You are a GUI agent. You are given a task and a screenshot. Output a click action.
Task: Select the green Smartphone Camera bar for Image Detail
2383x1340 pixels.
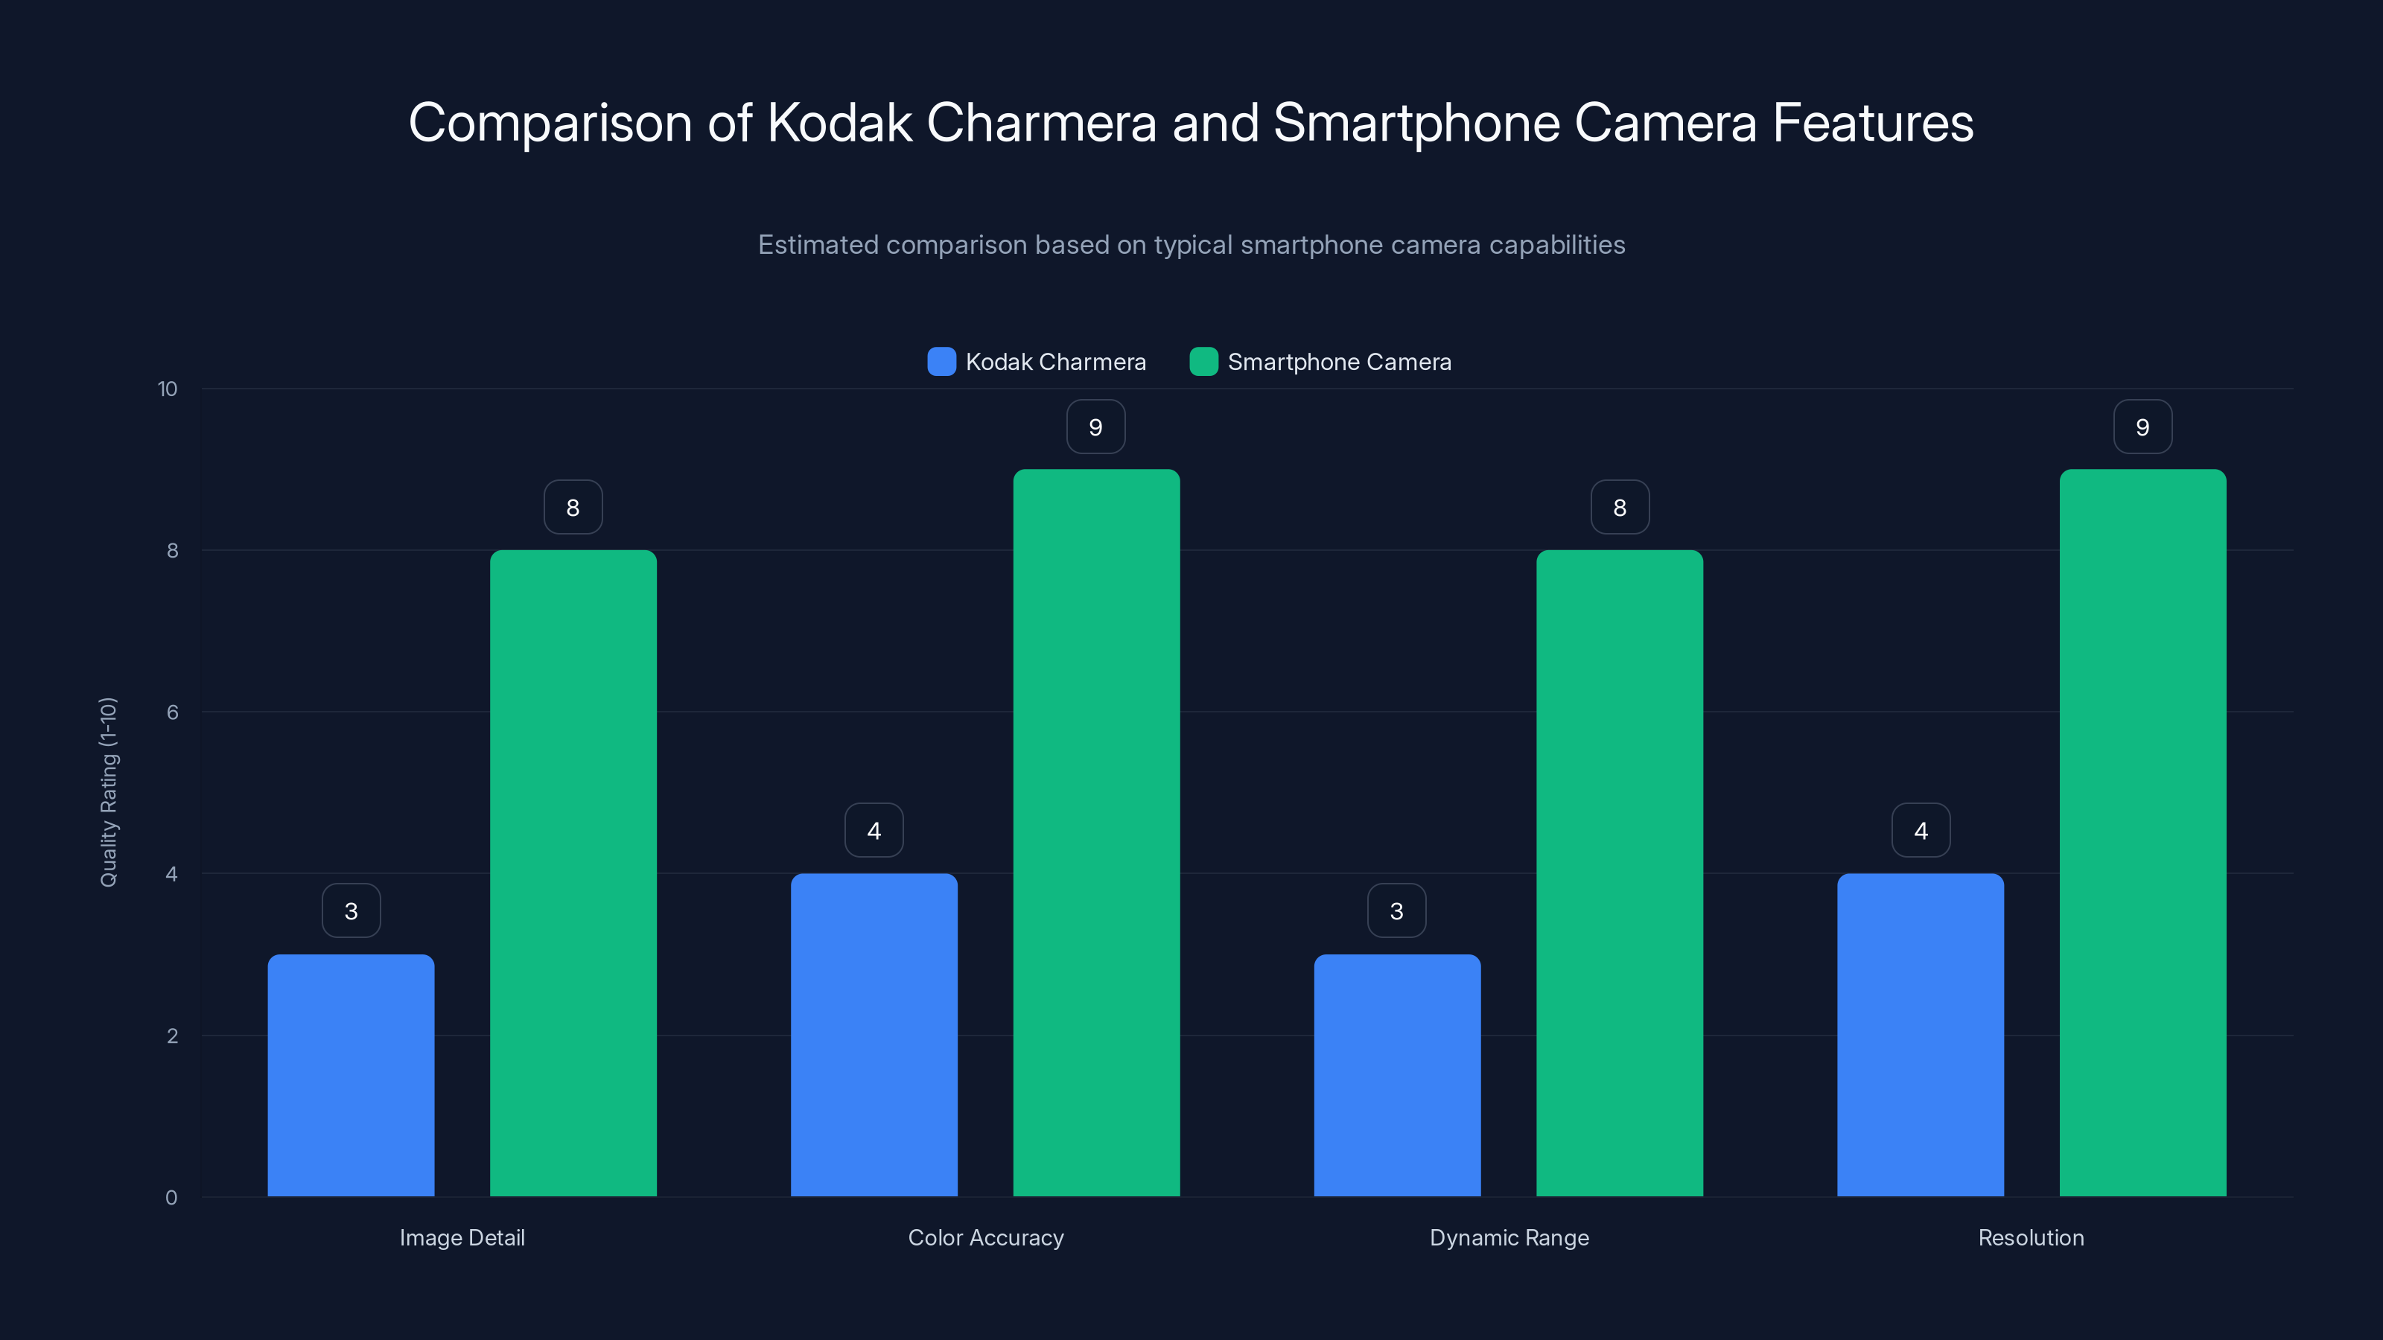pos(573,873)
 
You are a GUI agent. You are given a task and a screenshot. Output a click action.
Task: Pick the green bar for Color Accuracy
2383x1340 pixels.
pos(1096,832)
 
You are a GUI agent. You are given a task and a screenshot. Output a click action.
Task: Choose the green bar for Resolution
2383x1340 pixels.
pos(2142,832)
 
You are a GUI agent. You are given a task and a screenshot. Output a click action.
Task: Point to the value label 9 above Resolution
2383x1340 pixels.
pos(2142,427)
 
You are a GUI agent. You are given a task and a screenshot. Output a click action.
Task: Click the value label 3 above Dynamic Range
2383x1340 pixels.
pos(1397,911)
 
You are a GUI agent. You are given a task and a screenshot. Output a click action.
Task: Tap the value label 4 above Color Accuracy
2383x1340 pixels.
pos(874,831)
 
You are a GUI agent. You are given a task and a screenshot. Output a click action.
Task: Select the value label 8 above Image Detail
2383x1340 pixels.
pos(573,507)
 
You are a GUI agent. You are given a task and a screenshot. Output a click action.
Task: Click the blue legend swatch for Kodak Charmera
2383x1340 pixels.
pos(941,362)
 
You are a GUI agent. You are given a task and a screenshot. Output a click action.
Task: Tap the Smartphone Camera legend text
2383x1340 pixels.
pos(1339,362)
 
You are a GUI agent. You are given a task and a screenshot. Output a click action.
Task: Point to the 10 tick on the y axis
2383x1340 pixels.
pos(168,389)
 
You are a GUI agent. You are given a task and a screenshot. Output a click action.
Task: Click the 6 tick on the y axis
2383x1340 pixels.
pos(172,712)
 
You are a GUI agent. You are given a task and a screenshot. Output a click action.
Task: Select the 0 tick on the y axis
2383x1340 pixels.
pos(171,1198)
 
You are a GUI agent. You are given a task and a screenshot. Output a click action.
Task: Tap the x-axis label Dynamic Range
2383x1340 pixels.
pos(1509,1237)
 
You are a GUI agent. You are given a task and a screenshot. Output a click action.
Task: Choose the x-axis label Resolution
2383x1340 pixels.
pos(2031,1237)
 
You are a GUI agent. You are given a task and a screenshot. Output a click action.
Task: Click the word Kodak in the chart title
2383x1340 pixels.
pos(839,122)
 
